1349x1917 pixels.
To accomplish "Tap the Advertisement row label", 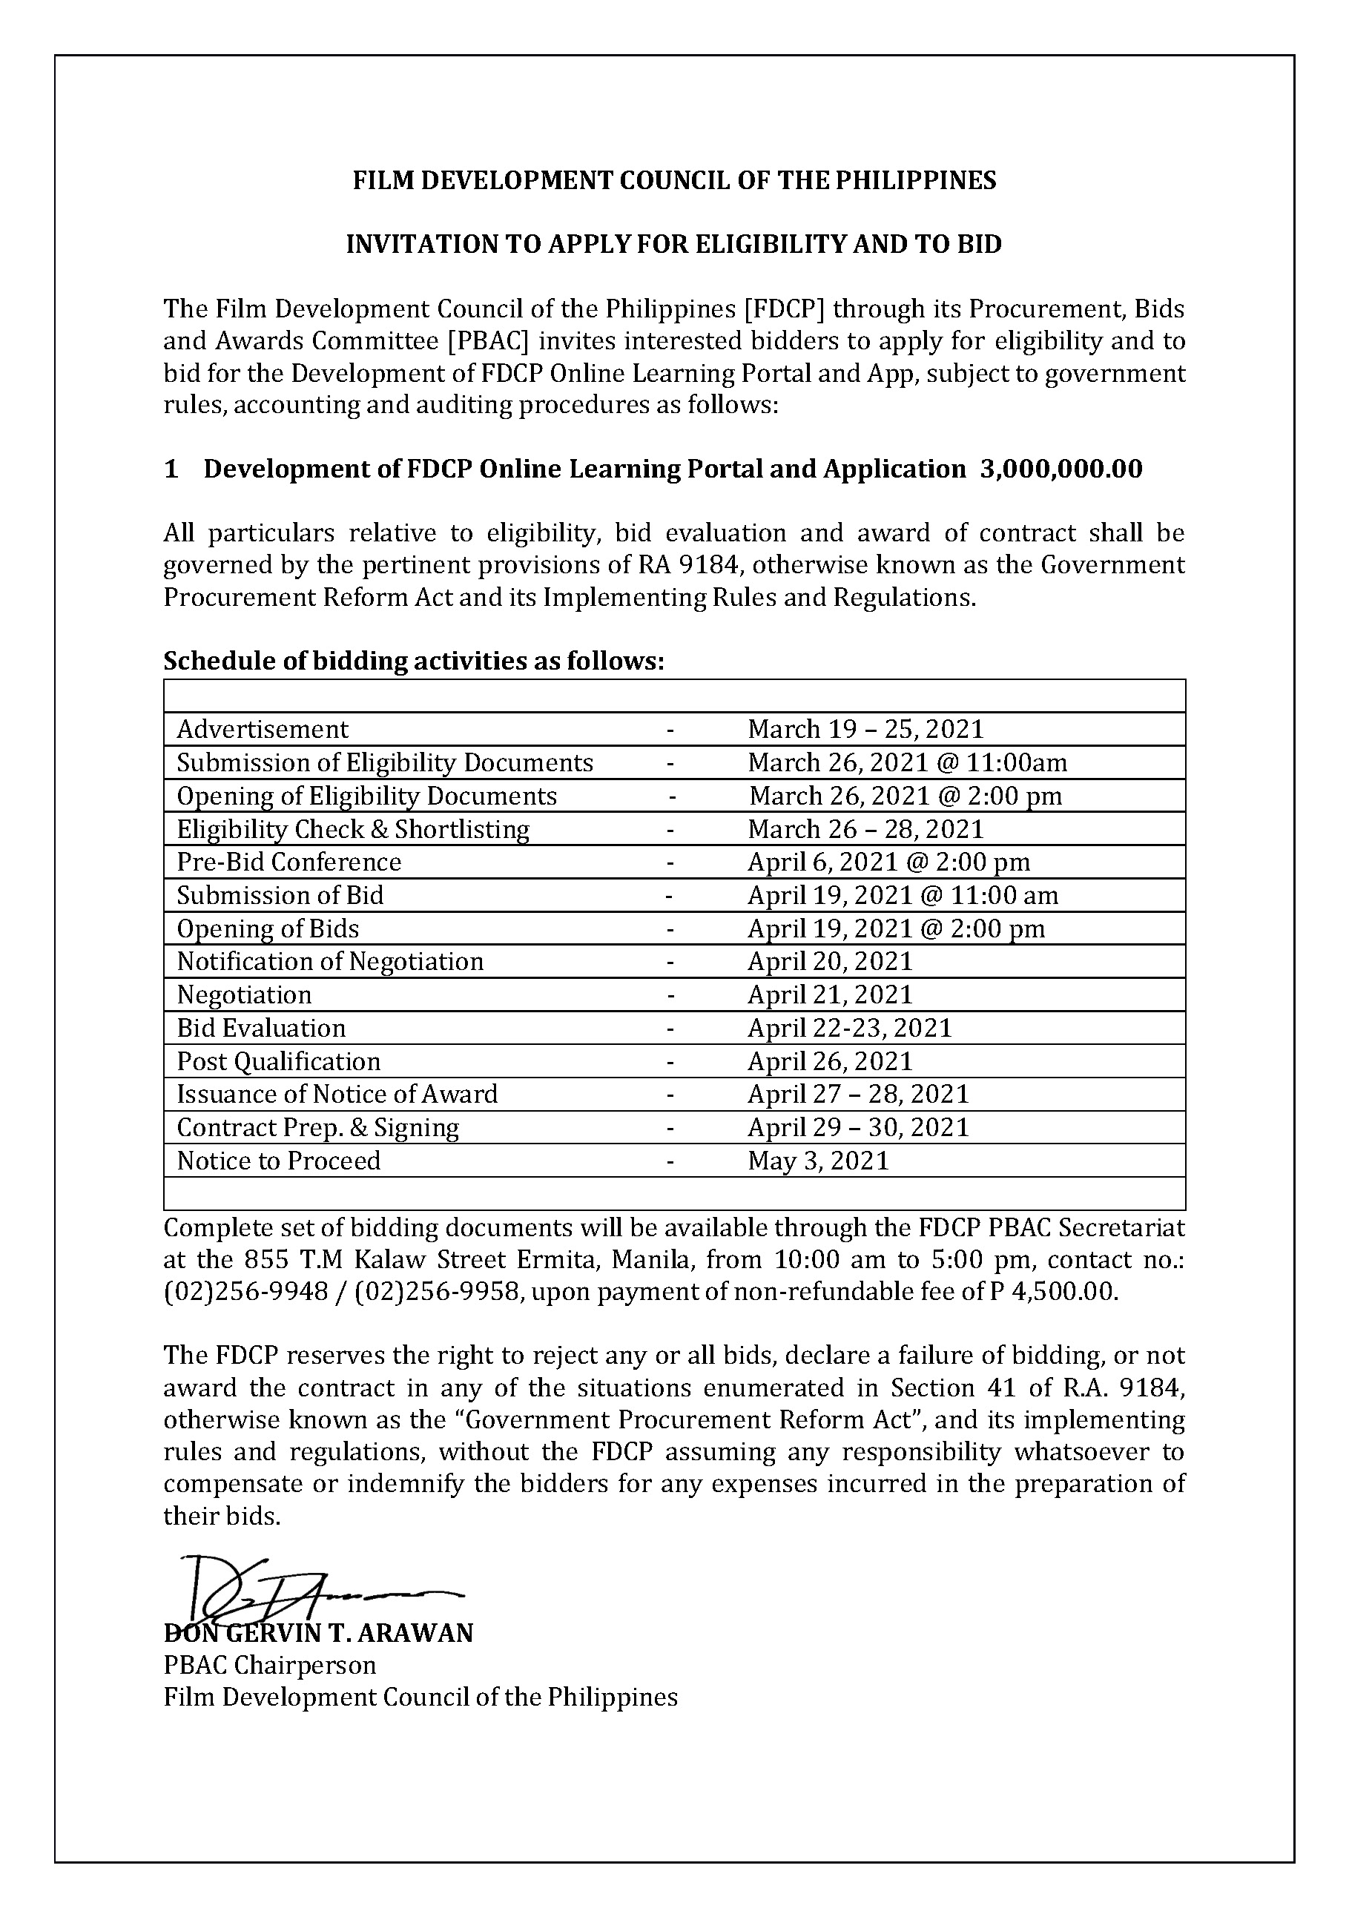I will (x=262, y=730).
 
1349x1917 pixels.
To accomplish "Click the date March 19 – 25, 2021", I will (x=865, y=730).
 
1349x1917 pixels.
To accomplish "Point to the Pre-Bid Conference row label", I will (x=288, y=862).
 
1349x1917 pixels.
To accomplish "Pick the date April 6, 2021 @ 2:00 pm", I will (x=888, y=862).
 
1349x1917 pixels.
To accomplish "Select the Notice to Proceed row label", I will (x=278, y=1161).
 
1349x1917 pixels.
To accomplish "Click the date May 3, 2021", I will (x=818, y=1161).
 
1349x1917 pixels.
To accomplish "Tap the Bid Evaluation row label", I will (x=260, y=1028).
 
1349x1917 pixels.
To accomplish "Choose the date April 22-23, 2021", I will (x=849, y=1028).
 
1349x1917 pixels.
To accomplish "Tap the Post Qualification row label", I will (x=278, y=1061).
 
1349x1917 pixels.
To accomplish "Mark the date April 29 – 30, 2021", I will (x=858, y=1127).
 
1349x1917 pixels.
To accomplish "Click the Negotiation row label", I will (x=244, y=994).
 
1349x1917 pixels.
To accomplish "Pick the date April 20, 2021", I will (x=830, y=961).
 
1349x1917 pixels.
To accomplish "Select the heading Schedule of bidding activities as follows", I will (x=413, y=661).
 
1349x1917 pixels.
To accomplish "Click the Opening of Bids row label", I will (x=268, y=928).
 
